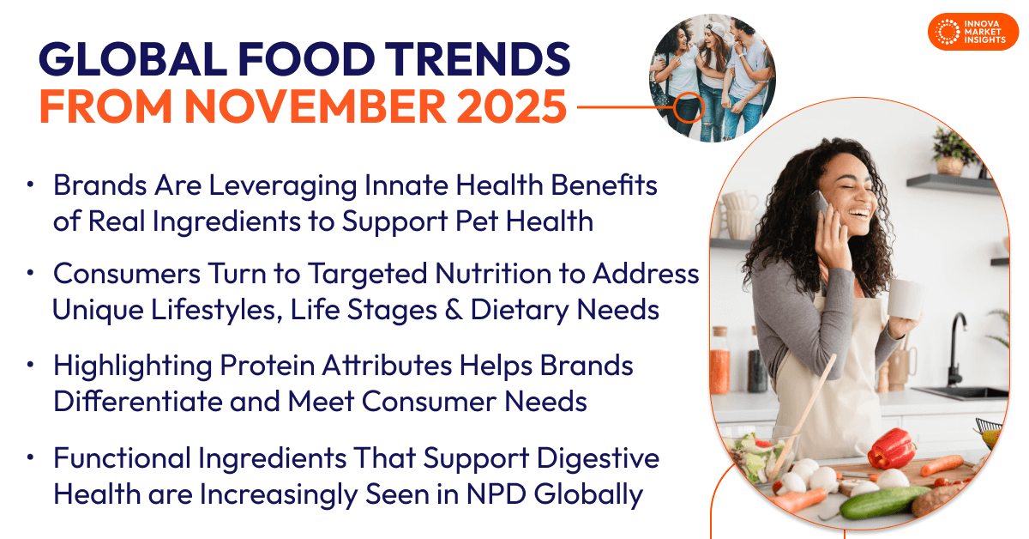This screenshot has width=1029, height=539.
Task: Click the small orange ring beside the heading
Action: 688,108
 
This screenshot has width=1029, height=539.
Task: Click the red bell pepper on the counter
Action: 891,448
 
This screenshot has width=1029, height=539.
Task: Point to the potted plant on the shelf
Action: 951,152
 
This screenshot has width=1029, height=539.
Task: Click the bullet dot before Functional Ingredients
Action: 31,459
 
